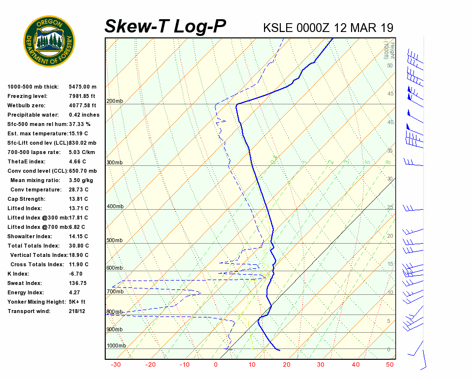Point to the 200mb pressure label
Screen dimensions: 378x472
[x=115, y=101]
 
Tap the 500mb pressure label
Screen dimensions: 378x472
[x=115, y=241]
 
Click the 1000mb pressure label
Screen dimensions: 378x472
[x=116, y=346]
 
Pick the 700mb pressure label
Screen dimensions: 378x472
[x=115, y=292]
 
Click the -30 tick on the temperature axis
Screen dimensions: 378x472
[x=116, y=365]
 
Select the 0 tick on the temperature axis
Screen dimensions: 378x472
[x=215, y=365]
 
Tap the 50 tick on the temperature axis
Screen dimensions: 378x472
[x=390, y=365]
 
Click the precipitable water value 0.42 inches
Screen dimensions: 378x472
[x=84, y=115]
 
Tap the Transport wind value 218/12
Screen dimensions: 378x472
[x=77, y=312]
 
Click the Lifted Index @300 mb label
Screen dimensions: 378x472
[x=37, y=218]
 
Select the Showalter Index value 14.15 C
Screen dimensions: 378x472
[x=79, y=237]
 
